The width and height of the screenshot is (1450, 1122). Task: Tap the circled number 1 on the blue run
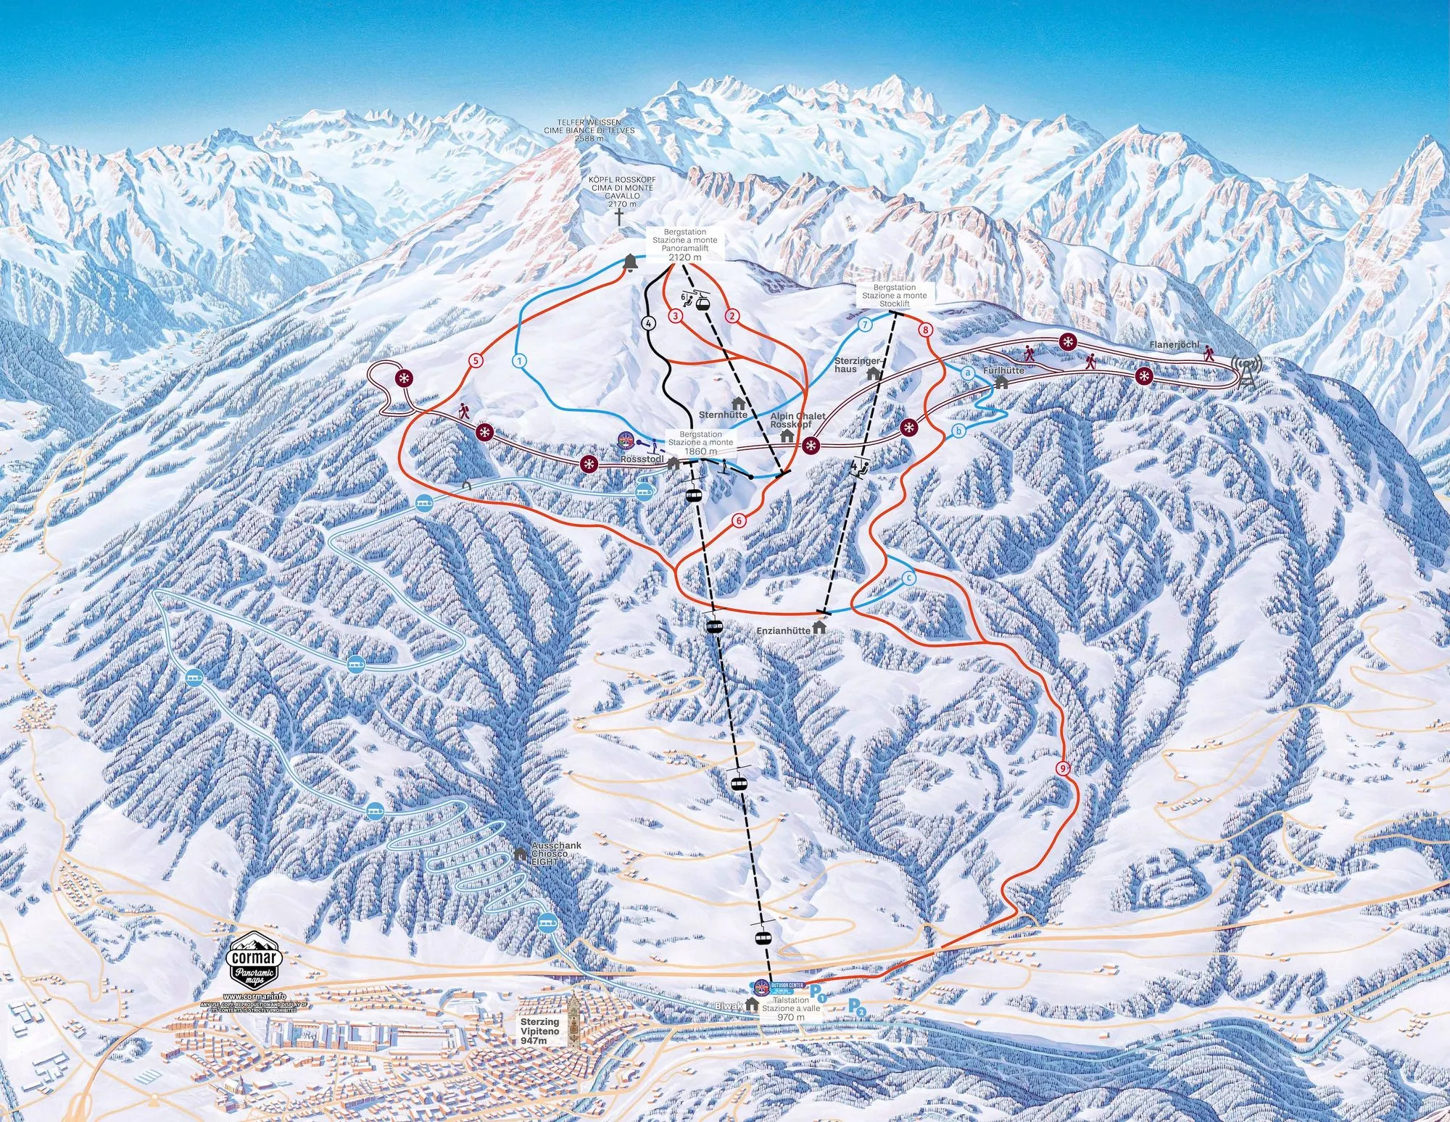519,360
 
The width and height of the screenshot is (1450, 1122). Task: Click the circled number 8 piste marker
924,330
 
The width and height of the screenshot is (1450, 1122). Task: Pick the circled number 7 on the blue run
864,325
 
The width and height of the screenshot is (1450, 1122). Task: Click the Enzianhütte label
782,631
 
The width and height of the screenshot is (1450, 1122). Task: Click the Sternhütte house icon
739,402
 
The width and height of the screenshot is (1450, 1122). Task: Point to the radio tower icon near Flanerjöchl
1246,370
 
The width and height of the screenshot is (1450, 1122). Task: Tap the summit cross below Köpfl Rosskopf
620,217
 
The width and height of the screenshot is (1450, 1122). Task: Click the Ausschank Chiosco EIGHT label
556,855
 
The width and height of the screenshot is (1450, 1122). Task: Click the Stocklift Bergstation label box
894,296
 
